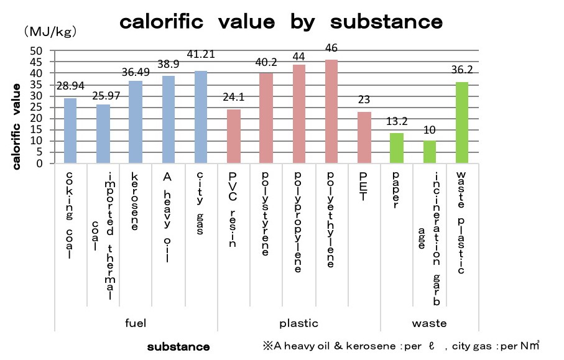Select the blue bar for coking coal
tap(70, 131)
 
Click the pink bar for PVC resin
tap(233, 136)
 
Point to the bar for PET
tap(364, 137)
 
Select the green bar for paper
tap(397, 148)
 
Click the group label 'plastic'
tap(299, 323)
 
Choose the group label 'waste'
tap(429, 323)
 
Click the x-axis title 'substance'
tap(178, 346)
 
